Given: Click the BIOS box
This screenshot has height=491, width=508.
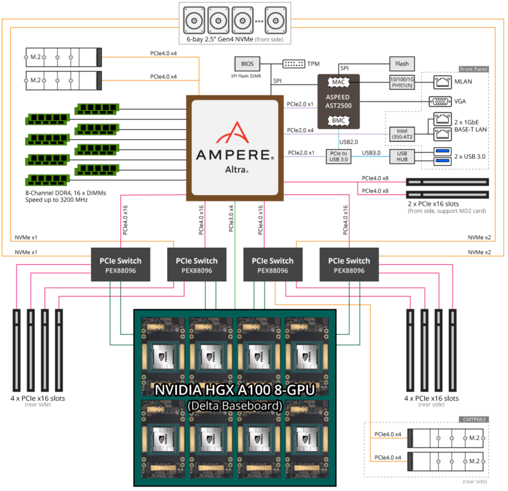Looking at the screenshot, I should coord(247,64).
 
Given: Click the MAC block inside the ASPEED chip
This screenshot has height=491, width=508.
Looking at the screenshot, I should coord(338,83).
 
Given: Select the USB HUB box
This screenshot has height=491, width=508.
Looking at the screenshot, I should coord(403,156).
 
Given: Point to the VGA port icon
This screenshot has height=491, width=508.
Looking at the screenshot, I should coord(438,100).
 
